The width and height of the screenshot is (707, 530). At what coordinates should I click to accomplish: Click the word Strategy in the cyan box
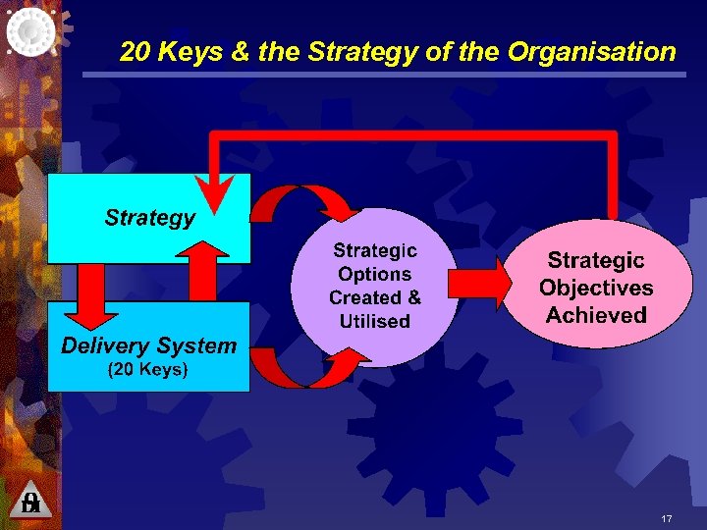tap(149, 217)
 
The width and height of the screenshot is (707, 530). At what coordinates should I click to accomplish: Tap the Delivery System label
tap(148, 345)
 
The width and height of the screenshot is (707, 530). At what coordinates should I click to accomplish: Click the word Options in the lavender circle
tap(374, 275)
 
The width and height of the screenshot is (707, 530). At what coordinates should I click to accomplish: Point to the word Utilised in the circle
tap(374, 321)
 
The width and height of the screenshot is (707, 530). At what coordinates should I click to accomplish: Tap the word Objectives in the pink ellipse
tap(596, 288)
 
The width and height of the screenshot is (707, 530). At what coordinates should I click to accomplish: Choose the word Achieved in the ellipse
tap(596, 315)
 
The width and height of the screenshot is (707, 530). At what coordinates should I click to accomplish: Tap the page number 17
tap(667, 518)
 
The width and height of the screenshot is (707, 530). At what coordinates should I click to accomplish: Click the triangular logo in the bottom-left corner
tap(30, 502)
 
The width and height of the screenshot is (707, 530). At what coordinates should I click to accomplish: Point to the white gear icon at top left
tap(31, 31)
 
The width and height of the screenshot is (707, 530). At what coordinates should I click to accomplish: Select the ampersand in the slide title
tap(239, 51)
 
